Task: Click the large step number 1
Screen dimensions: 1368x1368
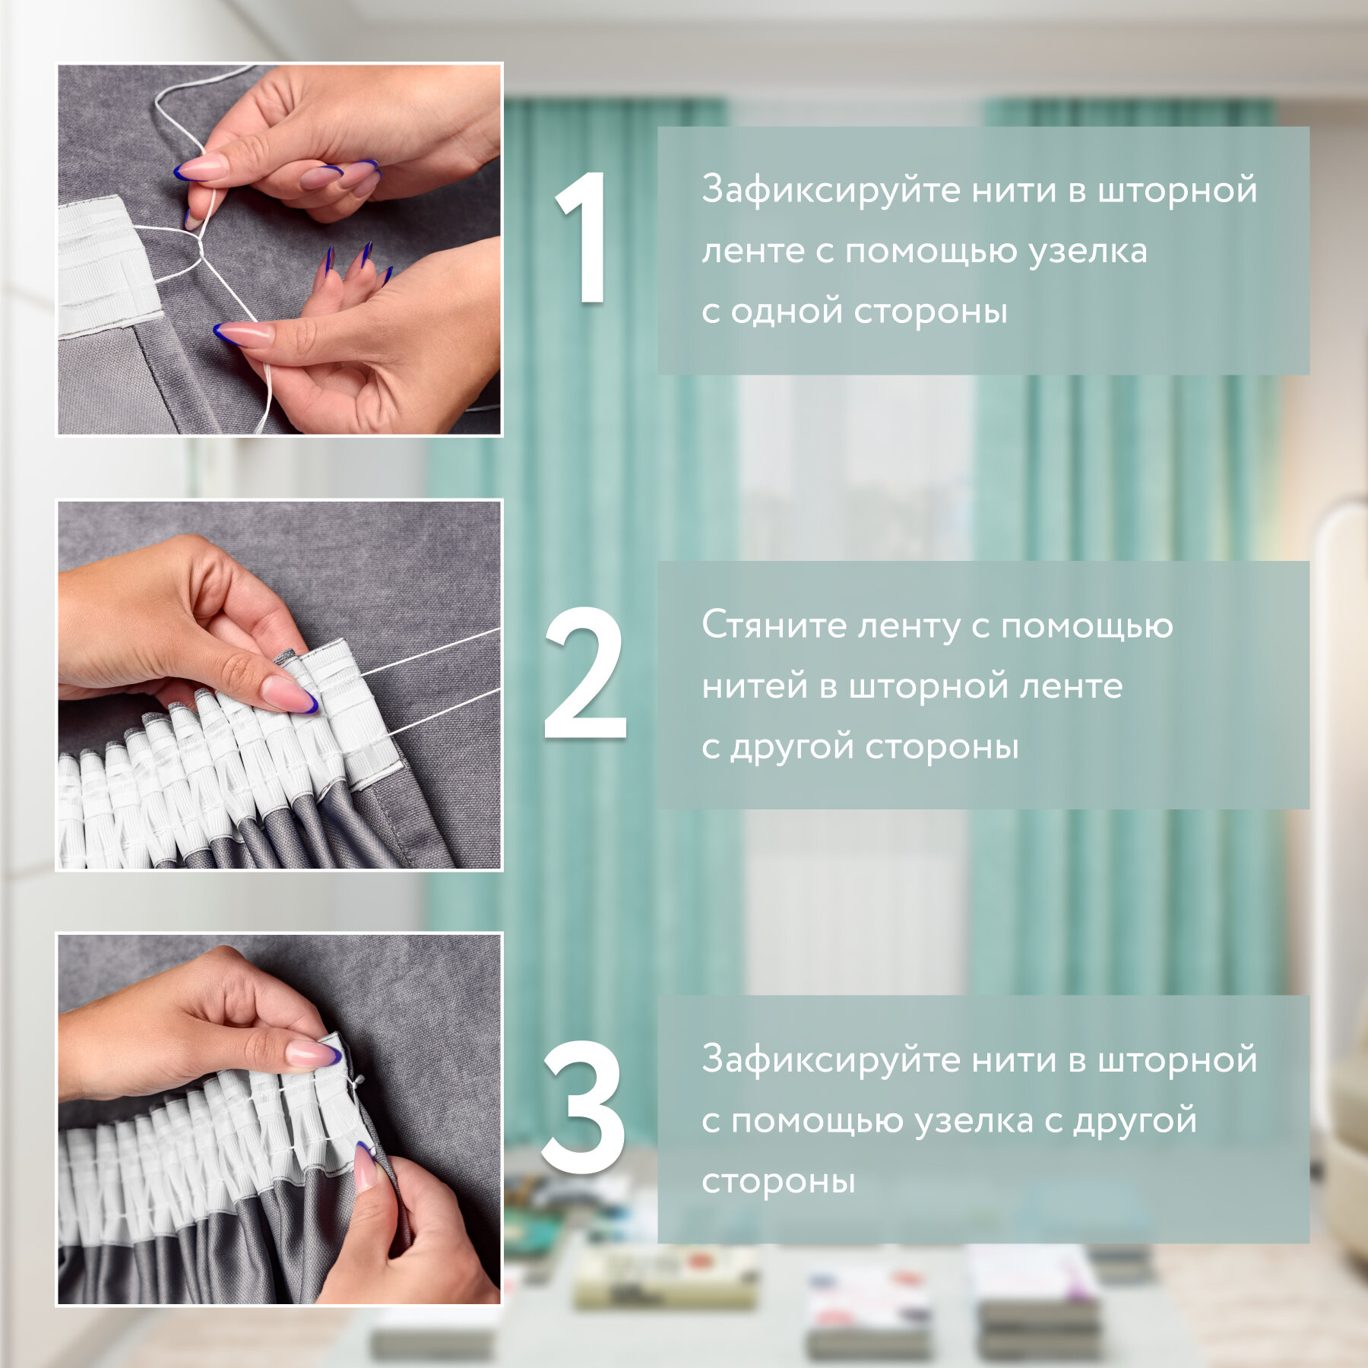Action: click(x=582, y=237)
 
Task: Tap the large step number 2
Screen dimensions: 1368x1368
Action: click(x=584, y=672)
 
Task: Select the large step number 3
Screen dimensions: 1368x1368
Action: click(x=583, y=1106)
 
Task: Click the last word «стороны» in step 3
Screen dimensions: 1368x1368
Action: click(x=778, y=1183)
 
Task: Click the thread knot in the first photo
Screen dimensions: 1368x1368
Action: click(x=200, y=245)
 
